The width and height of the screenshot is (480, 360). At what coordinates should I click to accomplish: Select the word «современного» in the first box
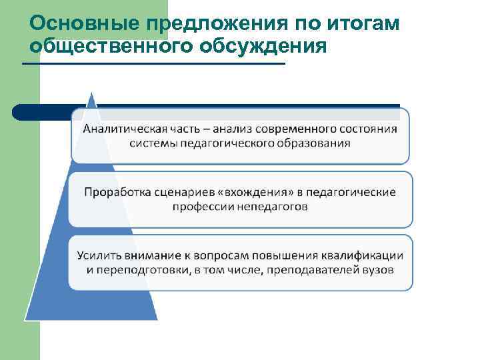pyautogui.click(x=293, y=129)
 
